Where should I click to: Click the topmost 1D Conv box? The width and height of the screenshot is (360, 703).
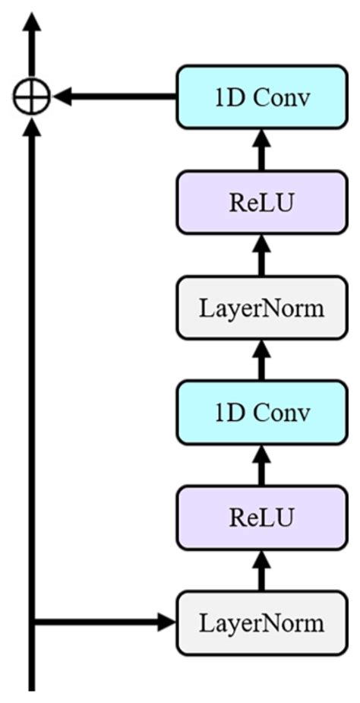(261, 97)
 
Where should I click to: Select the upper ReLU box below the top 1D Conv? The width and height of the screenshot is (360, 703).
(261, 202)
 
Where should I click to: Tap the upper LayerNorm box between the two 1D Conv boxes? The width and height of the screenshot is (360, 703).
(261, 308)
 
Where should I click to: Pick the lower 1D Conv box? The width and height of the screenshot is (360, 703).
(261, 413)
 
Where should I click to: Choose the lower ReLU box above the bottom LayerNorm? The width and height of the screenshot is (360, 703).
(261, 518)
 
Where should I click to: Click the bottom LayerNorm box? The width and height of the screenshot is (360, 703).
(261, 623)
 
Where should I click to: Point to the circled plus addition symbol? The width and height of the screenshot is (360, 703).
(32, 97)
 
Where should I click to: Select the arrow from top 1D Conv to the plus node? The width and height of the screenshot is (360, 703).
(114, 97)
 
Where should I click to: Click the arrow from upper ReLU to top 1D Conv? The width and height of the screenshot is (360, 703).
(261, 149)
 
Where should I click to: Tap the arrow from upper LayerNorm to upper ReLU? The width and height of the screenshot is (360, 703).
(261, 255)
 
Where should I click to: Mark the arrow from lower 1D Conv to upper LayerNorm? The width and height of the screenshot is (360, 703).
(261, 360)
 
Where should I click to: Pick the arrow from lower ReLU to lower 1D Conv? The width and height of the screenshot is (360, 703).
(261, 465)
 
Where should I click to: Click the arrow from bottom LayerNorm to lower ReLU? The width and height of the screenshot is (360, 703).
(261, 571)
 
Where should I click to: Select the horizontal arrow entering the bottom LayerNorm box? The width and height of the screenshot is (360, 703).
(106, 623)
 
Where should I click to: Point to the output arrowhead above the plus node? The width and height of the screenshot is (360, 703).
(32, 23)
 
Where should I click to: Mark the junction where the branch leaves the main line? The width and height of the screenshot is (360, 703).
(32, 623)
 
